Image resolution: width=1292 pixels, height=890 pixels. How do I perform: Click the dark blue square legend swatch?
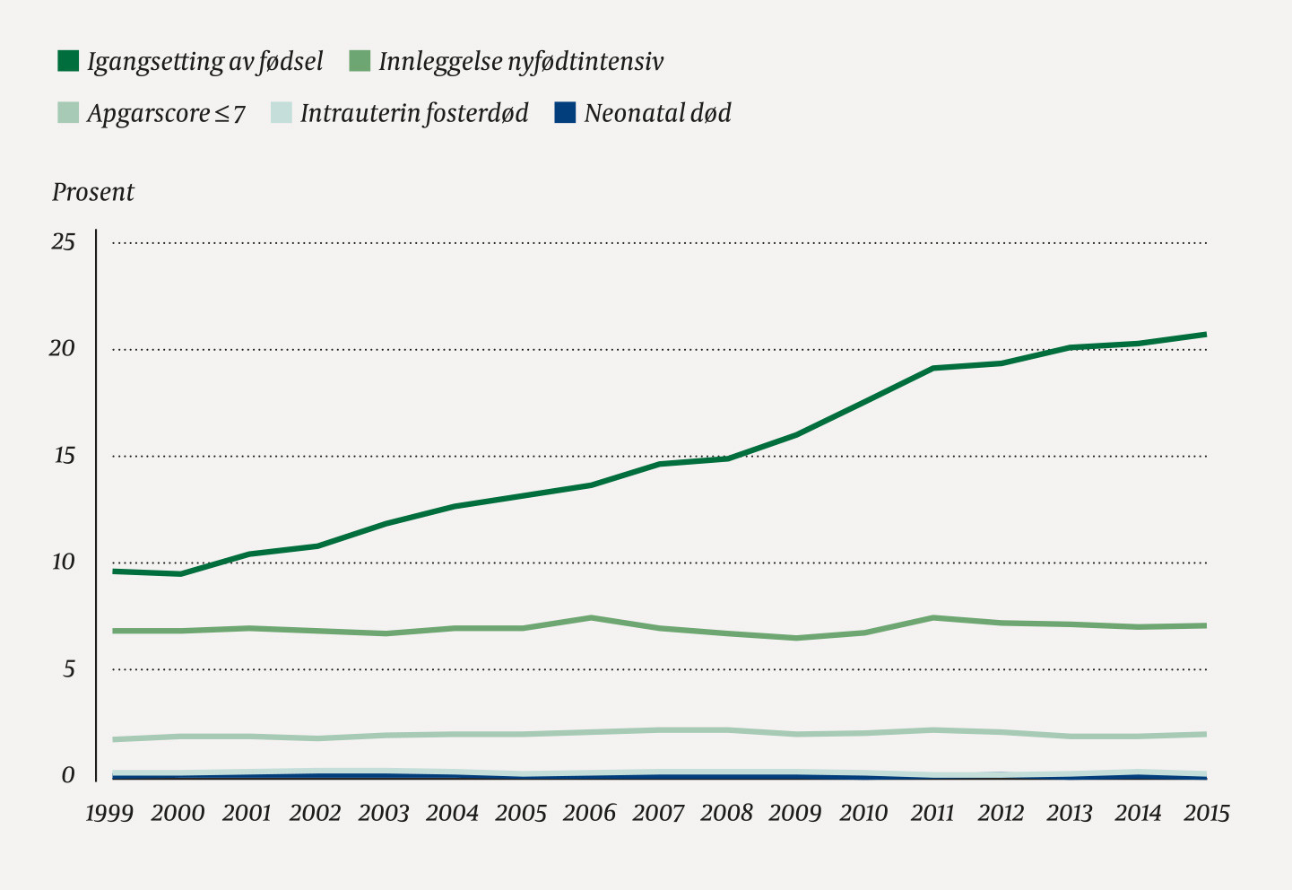565,113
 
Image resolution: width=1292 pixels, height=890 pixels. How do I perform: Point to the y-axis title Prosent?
92,192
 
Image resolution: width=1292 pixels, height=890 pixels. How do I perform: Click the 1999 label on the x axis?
109,813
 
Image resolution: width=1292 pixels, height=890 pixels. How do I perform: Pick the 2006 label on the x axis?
589,813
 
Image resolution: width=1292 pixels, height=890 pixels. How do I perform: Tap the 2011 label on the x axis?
932,813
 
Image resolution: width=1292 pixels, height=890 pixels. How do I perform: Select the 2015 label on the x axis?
1206,813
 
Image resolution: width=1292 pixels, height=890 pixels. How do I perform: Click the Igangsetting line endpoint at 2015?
1205,335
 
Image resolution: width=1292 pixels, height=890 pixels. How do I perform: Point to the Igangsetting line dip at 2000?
181,574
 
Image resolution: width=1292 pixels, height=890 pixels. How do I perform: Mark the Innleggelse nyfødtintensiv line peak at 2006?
592,617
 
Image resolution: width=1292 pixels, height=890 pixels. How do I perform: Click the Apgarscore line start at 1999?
115,739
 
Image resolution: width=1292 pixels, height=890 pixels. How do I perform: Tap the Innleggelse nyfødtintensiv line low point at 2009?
796,638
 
